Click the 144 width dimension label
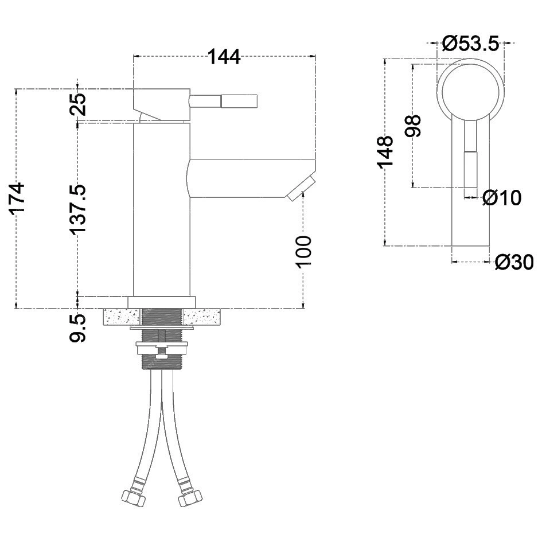pos(224,57)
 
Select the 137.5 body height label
pos(77,209)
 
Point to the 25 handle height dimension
pos(78,104)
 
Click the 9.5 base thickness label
pos(77,328)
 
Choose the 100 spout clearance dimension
pos(303,251)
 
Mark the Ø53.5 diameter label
pos(471,44)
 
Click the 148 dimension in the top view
pos(385,152)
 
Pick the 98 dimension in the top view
pos(413,126)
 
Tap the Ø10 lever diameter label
pos(502,198)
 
